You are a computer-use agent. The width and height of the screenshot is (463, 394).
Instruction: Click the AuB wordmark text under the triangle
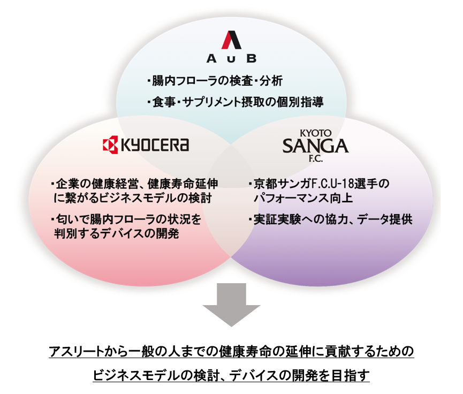coord(231,58)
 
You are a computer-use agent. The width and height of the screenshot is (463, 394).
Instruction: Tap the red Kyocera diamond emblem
coord(110,145)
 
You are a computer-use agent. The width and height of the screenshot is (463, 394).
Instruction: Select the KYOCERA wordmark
coord(155,145)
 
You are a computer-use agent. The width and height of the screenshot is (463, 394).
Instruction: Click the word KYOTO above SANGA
coord(316,133)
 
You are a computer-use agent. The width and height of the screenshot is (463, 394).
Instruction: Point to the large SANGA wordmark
coord(315,146)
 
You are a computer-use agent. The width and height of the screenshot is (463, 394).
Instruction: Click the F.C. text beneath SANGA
coord(316,158)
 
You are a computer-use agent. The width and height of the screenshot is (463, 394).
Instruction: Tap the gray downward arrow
coord(231,305)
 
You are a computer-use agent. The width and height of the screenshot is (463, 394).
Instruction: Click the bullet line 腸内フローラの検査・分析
coord(215,81)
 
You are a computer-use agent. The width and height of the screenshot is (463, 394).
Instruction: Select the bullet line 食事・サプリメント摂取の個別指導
coord(235,102)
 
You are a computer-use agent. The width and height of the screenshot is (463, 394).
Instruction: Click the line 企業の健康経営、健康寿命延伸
coord(134,184)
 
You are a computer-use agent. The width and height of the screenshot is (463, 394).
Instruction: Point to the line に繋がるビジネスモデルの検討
coord(133,198)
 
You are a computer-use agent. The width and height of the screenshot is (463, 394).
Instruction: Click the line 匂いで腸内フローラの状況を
coord(126,219)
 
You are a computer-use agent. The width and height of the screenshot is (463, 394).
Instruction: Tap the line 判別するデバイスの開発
coord(117,233)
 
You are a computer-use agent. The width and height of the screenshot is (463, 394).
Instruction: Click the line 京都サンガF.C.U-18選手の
coord(319,184)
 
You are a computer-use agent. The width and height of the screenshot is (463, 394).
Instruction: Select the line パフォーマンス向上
coord(303,198)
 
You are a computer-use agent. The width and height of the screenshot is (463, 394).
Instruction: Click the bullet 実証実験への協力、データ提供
coord(330,219)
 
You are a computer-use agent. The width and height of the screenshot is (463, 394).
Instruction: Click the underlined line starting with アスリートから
coord(231,352)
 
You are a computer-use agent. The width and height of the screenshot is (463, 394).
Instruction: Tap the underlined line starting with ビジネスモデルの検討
coord(231,376)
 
